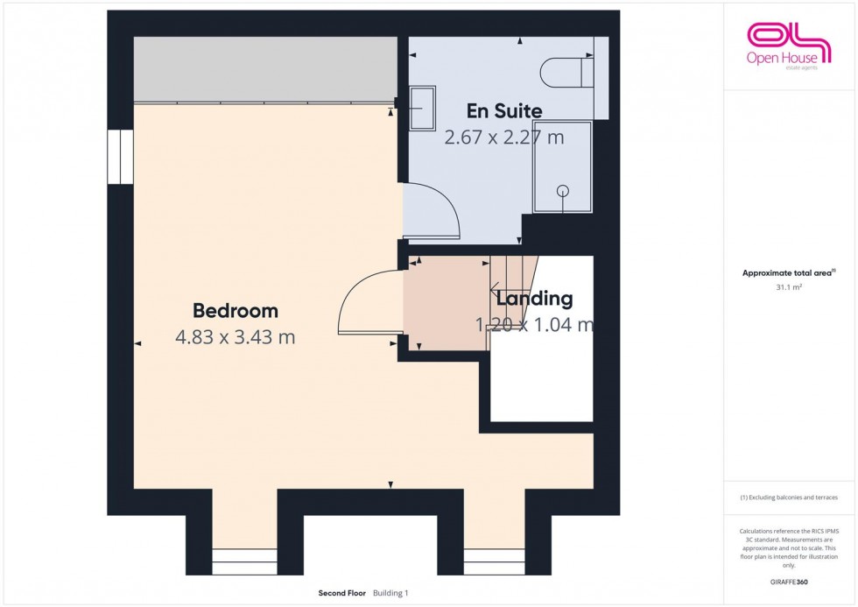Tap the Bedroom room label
tap(236, 310)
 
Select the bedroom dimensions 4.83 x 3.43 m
tap(236, 337)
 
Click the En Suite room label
tap(503, 111)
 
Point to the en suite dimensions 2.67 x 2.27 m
tap(503, 138)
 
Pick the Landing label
tap(534, 299)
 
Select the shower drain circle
tap(563, 190)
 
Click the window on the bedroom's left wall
tap(120, 158)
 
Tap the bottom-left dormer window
tap(245, 561)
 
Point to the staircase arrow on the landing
tap(496, 289)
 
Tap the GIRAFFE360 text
tap(789, 581)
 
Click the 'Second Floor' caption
tap(342, 593)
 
